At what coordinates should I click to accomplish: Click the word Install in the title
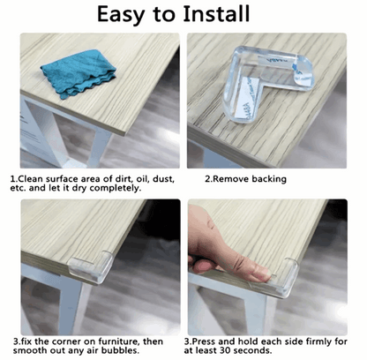tap(216, 14)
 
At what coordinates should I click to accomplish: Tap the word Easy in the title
tap(122, 15)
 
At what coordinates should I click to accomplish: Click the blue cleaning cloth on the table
tap(79, 73)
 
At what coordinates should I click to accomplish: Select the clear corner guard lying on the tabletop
tap(267, 84)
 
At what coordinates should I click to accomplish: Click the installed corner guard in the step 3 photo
tap(92, 266)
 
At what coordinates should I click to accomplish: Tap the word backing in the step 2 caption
tap(269, 179)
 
